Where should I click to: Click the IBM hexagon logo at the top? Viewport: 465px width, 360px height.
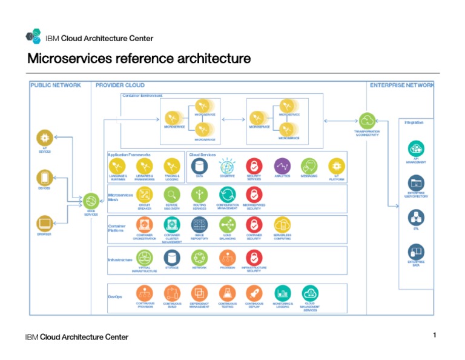point(33,37)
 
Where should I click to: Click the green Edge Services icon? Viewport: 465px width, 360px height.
point(91,201)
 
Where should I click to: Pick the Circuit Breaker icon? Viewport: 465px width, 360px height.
point(145,195)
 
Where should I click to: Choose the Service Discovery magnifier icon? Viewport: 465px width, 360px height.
point(172,195)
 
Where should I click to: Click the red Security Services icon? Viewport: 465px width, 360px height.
point(254,165)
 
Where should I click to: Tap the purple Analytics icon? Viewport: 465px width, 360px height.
point(282,165)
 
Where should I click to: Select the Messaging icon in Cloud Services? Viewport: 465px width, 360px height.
point(309,165)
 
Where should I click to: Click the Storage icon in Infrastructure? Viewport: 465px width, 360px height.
point(172,257)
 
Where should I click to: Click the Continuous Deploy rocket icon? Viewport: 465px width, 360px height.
point(254,293)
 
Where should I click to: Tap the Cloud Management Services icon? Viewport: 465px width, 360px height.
point(309,293)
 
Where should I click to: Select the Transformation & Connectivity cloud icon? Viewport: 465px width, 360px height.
point(367,120)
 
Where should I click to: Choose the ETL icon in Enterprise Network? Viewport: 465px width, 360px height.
point(416,217)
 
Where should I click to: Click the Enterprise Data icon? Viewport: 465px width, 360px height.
point(416,251)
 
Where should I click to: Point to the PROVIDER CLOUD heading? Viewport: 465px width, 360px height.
point(120,85)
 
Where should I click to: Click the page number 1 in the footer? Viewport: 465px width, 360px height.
point(435,335)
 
